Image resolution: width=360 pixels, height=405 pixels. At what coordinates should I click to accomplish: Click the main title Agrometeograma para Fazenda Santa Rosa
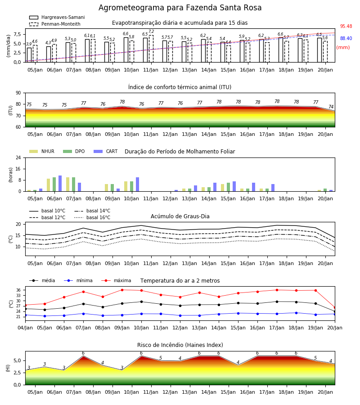click(x=180, y=8)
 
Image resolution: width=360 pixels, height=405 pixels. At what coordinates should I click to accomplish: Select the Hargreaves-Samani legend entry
click(x=57, y=17)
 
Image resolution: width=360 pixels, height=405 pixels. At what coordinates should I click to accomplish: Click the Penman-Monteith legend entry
click(x=55, y=24)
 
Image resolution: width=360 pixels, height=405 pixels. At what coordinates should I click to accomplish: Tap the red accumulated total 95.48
click(x=346, y=27)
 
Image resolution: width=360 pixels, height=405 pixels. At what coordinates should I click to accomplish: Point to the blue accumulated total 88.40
click(x=346, y=39)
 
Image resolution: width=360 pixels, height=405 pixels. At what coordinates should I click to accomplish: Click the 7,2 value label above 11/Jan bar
click(x=151, y=31)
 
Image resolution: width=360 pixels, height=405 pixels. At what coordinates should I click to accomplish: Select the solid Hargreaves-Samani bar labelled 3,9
click(x=29, y=55)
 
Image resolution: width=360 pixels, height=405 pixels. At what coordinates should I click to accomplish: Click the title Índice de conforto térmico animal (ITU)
click(x=180, y=87)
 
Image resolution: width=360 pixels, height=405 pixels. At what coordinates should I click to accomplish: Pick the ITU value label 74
click(x=331, y=107)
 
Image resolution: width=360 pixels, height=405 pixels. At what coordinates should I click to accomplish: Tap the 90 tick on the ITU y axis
click(x=18, y=93)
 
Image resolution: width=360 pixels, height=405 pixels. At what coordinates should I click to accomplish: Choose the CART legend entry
click(x=106, y=151)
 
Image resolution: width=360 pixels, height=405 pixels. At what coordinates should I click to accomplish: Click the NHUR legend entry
click(x=42, y=151)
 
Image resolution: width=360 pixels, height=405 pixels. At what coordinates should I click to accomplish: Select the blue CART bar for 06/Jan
click(x=60, y=184)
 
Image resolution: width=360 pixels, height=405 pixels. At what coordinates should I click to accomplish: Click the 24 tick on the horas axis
click(x=18, y=157)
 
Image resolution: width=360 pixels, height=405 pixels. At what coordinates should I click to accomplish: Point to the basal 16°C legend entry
click(x=92, y=217)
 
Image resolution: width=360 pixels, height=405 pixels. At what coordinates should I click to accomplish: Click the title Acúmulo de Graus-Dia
click(x=180, y=216)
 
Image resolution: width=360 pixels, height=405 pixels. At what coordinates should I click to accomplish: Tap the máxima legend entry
click(x=116, y=280)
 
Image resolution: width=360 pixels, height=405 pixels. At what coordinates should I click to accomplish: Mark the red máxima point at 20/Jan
click(x=335, y=308)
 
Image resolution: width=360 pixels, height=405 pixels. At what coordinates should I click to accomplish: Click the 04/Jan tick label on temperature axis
click(x=25, y=328)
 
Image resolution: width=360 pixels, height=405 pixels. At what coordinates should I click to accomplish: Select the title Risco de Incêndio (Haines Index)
click(x=180, y=345)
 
